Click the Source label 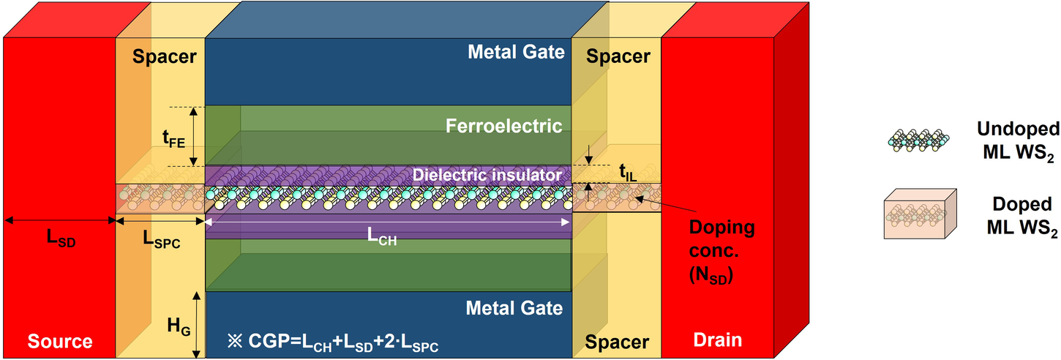pyautogui.click(x=60, y=340)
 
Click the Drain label pyautogui.click(x=718, y=340)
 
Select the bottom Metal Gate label pyautogui.click(x=515, y=307)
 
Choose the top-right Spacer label pyautogui.click(x=618, y=56)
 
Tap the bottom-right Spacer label pyautogui.click(x=618, y=341)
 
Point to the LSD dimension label pyautogui.click(x=60, y=239)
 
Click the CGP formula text pyautogui.click(x=333, y=342)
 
